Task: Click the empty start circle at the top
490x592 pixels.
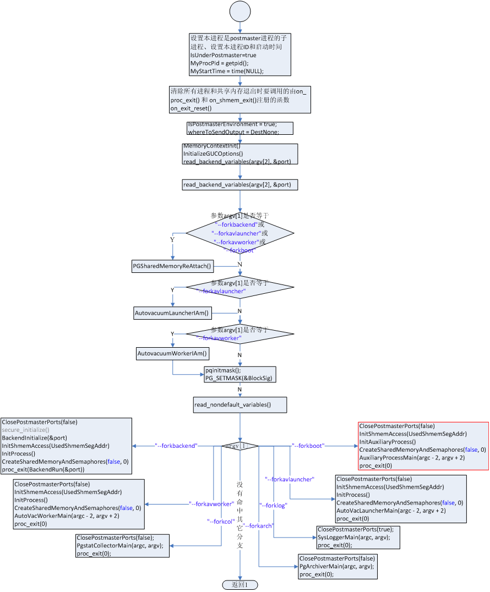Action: pyautogui.click(x=240, y=12)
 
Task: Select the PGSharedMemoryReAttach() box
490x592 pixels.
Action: pyautogui.click(x=172, y=266)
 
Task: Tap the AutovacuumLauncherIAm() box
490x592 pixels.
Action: pyautogui.click(x=173, y=313)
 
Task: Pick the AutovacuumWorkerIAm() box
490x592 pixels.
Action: pyautogui.click(x=173, y=353)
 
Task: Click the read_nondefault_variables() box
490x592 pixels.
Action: pyautogui.click(x=240, y=405)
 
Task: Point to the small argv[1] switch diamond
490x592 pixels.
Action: pyautogui.click(x=240, y=446)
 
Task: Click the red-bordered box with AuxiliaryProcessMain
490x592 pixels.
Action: pyautogui.click(x=423, y=446)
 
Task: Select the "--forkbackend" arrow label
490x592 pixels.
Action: pyautogui.click(x=176, y=446)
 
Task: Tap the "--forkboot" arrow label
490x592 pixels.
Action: pyautogui.click(x=308, y=446)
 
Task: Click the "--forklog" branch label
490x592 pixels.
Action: pyautogui.click(x=274, y=505)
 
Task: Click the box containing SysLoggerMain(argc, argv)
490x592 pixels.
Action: pyautogui.click(x=358, y=538)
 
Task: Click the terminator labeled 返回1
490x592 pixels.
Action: pyautogui.click(x=240, y=585)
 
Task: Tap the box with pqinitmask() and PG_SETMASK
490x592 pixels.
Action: pyautogui.click(x=240, y=374)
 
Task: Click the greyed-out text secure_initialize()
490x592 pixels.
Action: pyautogui.click(x=25, y=430)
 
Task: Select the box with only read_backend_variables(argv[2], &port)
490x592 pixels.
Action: pyautogui.click(x=240, y=185)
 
